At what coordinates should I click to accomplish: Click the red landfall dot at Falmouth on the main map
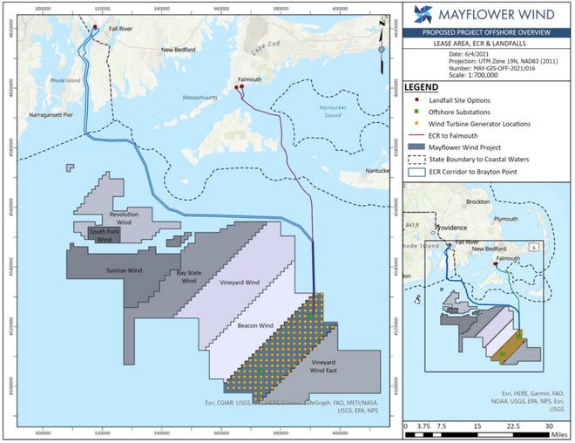[241, 89]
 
